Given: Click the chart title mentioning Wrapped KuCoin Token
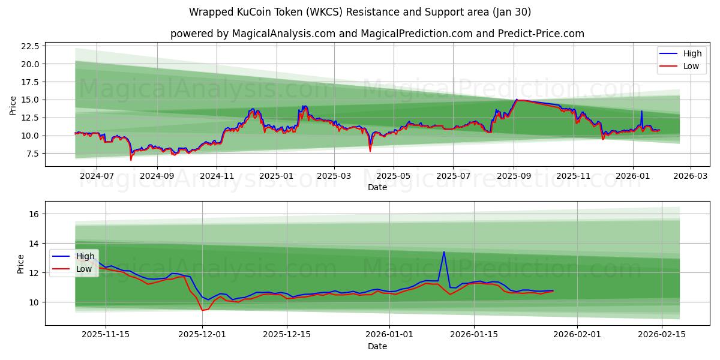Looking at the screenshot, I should [x=359, y=12].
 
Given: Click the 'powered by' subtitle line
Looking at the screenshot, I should [x=377, y=34].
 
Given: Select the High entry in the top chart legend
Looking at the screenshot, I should [x=692, y=54].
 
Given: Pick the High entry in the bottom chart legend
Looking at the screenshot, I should [x=85, y=257].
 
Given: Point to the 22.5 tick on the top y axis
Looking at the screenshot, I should [x=30, y=46].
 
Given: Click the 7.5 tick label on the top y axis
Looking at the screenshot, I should [x=32, y=154].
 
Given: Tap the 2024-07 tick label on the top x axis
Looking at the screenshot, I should [x=97, y=176].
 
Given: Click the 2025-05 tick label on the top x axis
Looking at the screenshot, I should [x=394, y=176].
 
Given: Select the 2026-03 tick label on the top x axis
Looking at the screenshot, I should [x=690, y=176].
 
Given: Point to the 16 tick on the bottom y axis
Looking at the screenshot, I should [x=34, y=214].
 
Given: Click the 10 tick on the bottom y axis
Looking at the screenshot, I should [x=34, y=302].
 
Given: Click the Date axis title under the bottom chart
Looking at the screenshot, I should [x=377, y=346].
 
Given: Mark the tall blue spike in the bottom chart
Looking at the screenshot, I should [x=444, y=252].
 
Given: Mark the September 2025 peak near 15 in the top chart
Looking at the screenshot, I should [x=517, y=100].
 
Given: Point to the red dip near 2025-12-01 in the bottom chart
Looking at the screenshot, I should [x=203, y=310].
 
